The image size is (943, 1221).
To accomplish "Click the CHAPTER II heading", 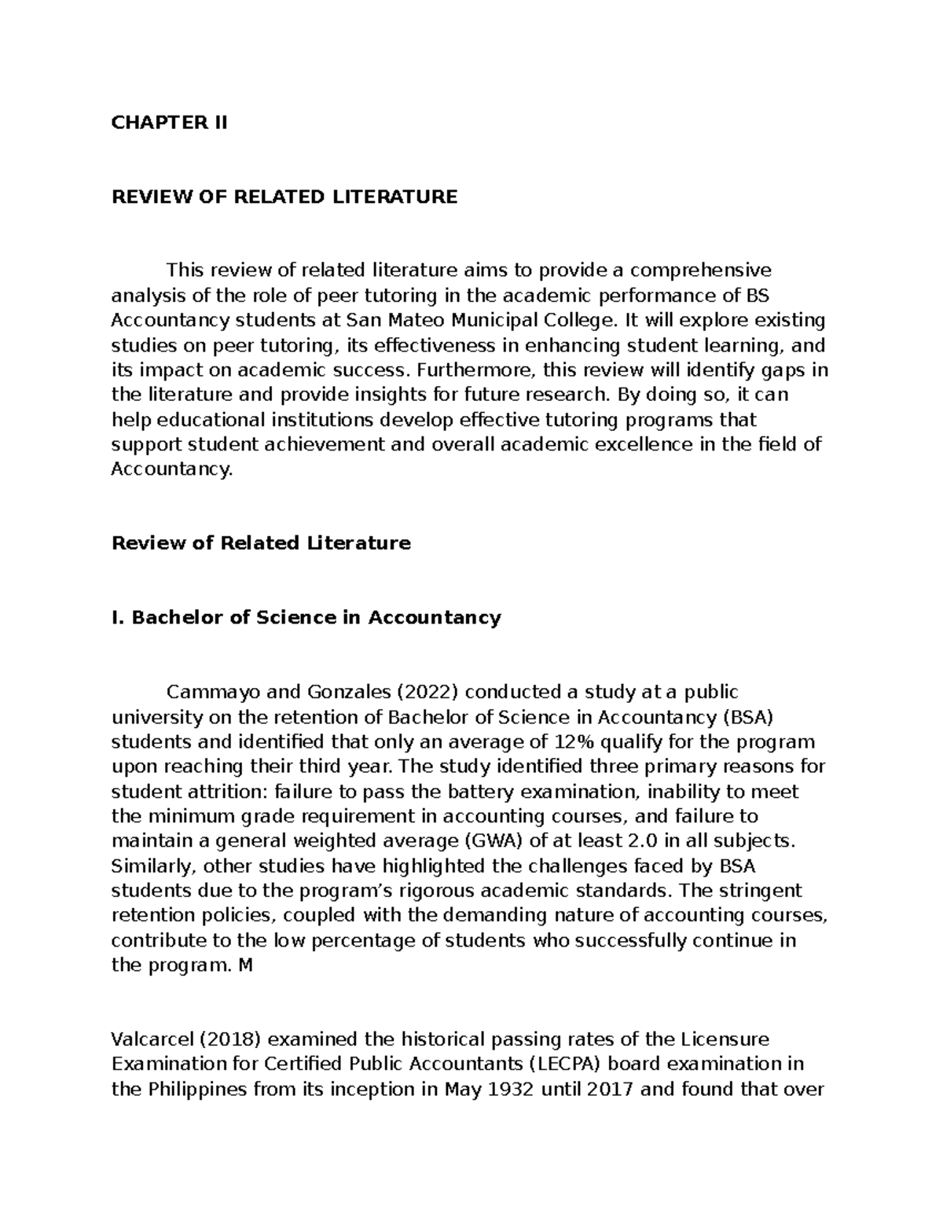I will tap(169, 123).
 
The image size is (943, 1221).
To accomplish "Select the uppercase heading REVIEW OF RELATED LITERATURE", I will tap(284, 197).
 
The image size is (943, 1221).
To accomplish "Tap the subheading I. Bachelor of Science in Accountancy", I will tap(306, 618).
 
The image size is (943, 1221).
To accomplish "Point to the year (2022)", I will tap(430, 692).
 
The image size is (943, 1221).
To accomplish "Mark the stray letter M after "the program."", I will tap(246, 965).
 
